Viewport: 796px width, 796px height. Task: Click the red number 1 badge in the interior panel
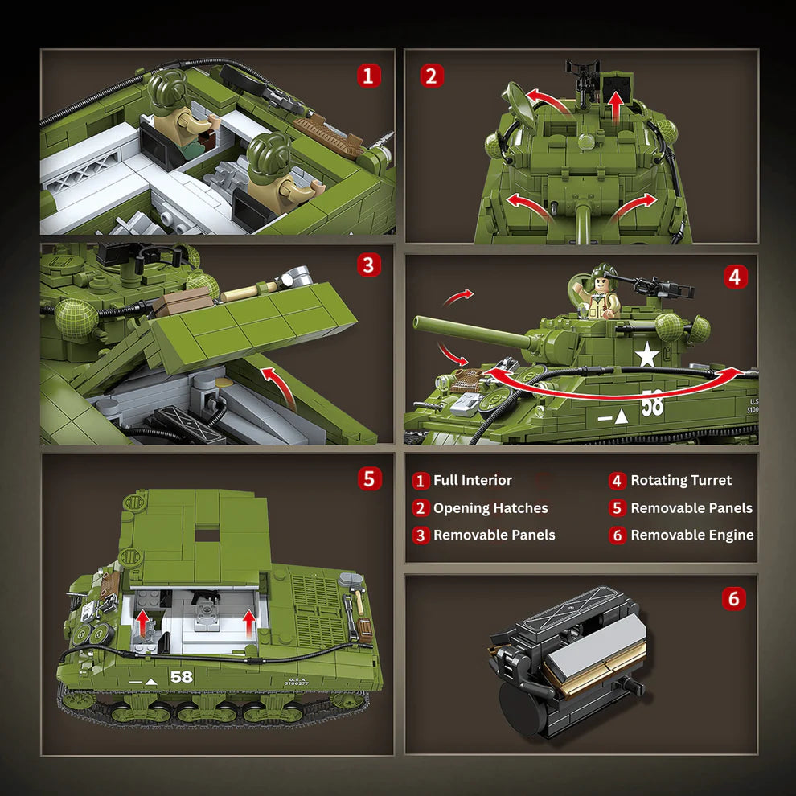368,76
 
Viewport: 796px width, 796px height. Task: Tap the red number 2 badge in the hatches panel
432,76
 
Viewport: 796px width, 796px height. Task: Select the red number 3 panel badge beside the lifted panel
368,265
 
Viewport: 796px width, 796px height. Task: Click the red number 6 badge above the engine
733,598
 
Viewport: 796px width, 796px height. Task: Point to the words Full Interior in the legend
472,481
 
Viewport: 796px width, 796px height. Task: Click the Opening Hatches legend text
490,508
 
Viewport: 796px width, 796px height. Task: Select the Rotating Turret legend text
681,481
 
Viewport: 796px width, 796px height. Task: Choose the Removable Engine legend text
691,535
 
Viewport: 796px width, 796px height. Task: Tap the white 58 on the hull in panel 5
182,677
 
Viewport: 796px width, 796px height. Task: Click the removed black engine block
567,663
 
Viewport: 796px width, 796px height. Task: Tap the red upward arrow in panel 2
616,105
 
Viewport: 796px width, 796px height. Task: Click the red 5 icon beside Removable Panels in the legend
617,508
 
